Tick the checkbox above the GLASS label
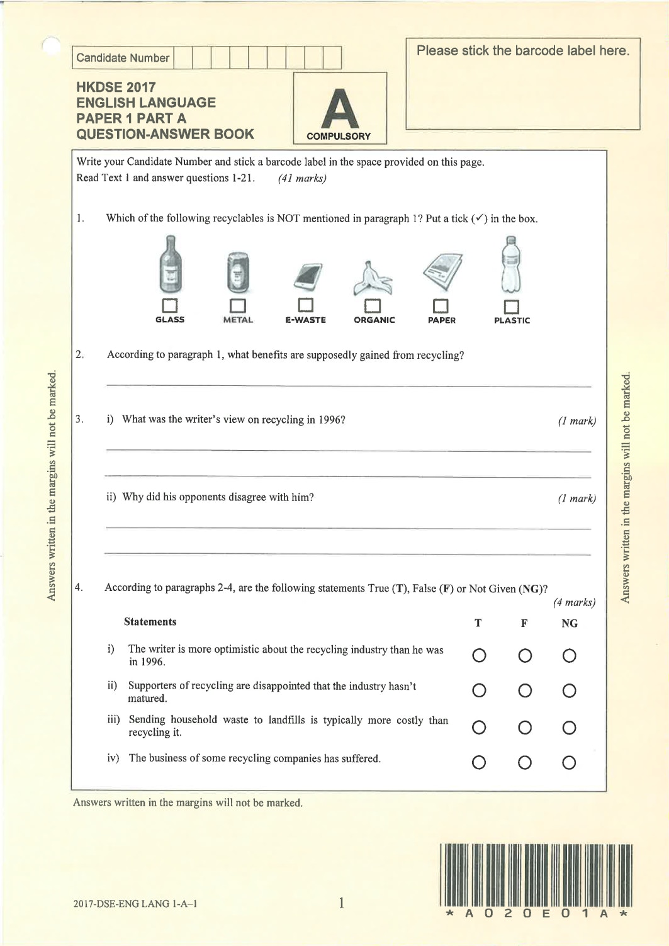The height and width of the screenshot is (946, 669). pos(170,306)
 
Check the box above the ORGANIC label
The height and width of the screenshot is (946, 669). pos(374,307)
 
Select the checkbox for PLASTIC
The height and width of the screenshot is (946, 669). pos(512,307)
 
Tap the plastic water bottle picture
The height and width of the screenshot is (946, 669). pos(511,264)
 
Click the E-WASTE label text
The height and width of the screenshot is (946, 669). pos(305,320)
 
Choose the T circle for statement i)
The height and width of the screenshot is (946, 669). pos(478,656)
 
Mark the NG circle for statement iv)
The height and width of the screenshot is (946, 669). pos(569,763)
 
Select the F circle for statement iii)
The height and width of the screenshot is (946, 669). pos(524,728)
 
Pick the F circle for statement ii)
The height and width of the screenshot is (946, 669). pos(524,691)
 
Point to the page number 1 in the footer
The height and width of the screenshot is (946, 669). pos(341,904)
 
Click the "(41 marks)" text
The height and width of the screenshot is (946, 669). pos(301,178)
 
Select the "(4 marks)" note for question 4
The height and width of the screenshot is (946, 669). pos(574,602)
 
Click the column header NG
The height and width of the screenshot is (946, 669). pos(569,623)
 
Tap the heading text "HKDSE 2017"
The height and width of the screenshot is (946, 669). pos(116,87)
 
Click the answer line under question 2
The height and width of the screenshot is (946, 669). pos(349,385)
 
